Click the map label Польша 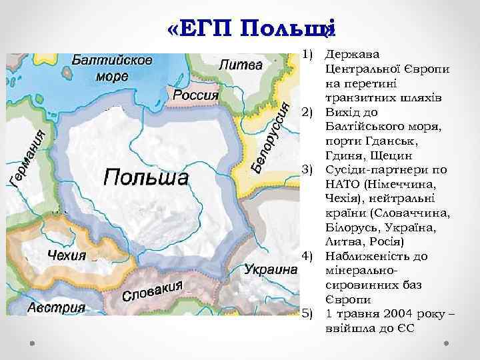point(145,178)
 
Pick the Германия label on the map point(31,158)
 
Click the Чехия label point(67,255)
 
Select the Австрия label point(57,308)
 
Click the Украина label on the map point(270,270)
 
